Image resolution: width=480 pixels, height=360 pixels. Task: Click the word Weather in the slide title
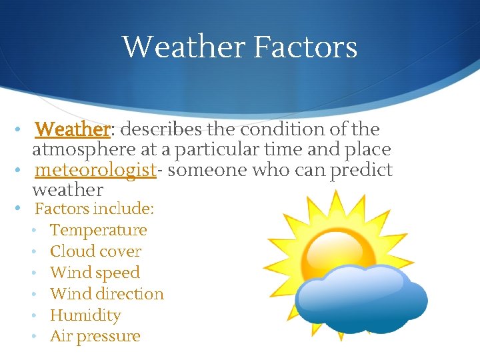point(183,47)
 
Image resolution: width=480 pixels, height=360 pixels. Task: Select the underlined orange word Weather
point(71,129)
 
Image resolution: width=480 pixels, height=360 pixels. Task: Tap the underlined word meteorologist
point(95,170)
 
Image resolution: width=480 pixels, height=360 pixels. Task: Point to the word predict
point(359,170)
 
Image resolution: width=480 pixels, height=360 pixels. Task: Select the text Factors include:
point(94,209)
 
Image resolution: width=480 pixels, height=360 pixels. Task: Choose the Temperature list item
point(98,230)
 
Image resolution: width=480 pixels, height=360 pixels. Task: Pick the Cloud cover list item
point(95,251)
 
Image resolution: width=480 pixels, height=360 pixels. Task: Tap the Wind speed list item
point(95,273)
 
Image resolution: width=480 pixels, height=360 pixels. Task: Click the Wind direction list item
point(107,294)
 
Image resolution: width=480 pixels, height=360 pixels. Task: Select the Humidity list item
point(85,315)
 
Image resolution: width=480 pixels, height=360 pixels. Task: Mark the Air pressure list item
point(95,337)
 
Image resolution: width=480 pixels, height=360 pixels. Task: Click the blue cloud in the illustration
point(360,300)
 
